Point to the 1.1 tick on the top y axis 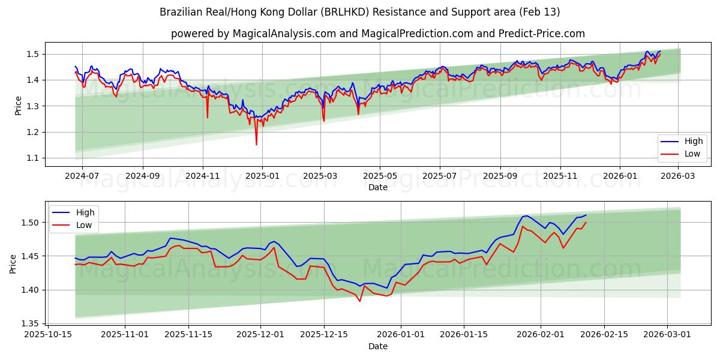coord(33,158)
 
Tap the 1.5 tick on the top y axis coord(33,54)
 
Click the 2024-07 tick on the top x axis coord(82,176)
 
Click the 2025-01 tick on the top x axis coord(262,176)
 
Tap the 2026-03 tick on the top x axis coord(677,176)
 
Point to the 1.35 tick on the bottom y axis coord(30,323)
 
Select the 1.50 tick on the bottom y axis coord(30,223)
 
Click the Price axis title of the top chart coord(18,106)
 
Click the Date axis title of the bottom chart coord(378,346)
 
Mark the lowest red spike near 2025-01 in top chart coord(256,145)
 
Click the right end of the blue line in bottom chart coord(586,215)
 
